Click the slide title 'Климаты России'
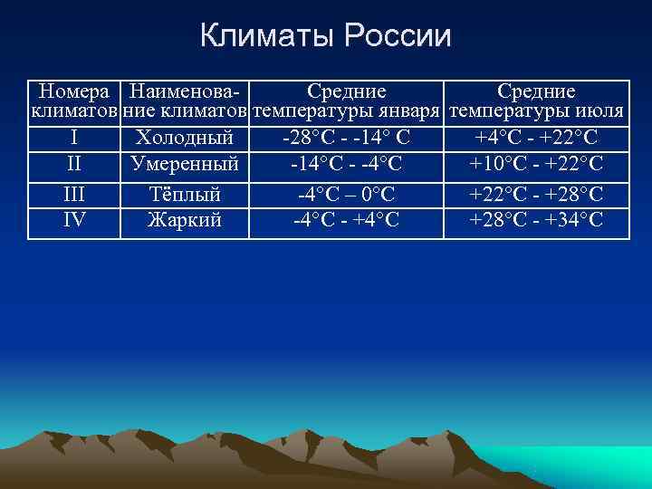point(325,36)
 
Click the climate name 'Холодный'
point(185,139)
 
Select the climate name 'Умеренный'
point(185,164)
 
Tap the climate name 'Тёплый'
point(185,194)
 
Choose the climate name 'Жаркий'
point(185,219)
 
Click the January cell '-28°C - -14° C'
point(346,139)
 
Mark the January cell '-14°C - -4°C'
point(346,164)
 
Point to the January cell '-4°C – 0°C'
point(346,194)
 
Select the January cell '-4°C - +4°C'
point(346,219)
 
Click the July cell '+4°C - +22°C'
point(537,139)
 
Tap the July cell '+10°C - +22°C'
point(537,164)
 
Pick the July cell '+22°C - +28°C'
point(537,194)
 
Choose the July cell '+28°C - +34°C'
point(537,219)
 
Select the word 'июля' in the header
point(602,113)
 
